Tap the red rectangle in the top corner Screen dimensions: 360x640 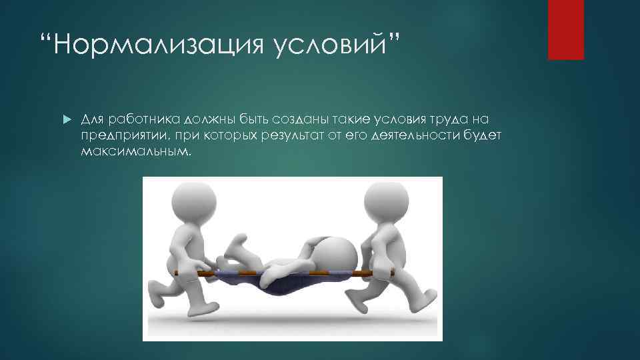[x=565, y=29]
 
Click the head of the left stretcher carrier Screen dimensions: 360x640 [x=193, y=202]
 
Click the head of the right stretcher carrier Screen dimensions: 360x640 [x=385, y=200]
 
